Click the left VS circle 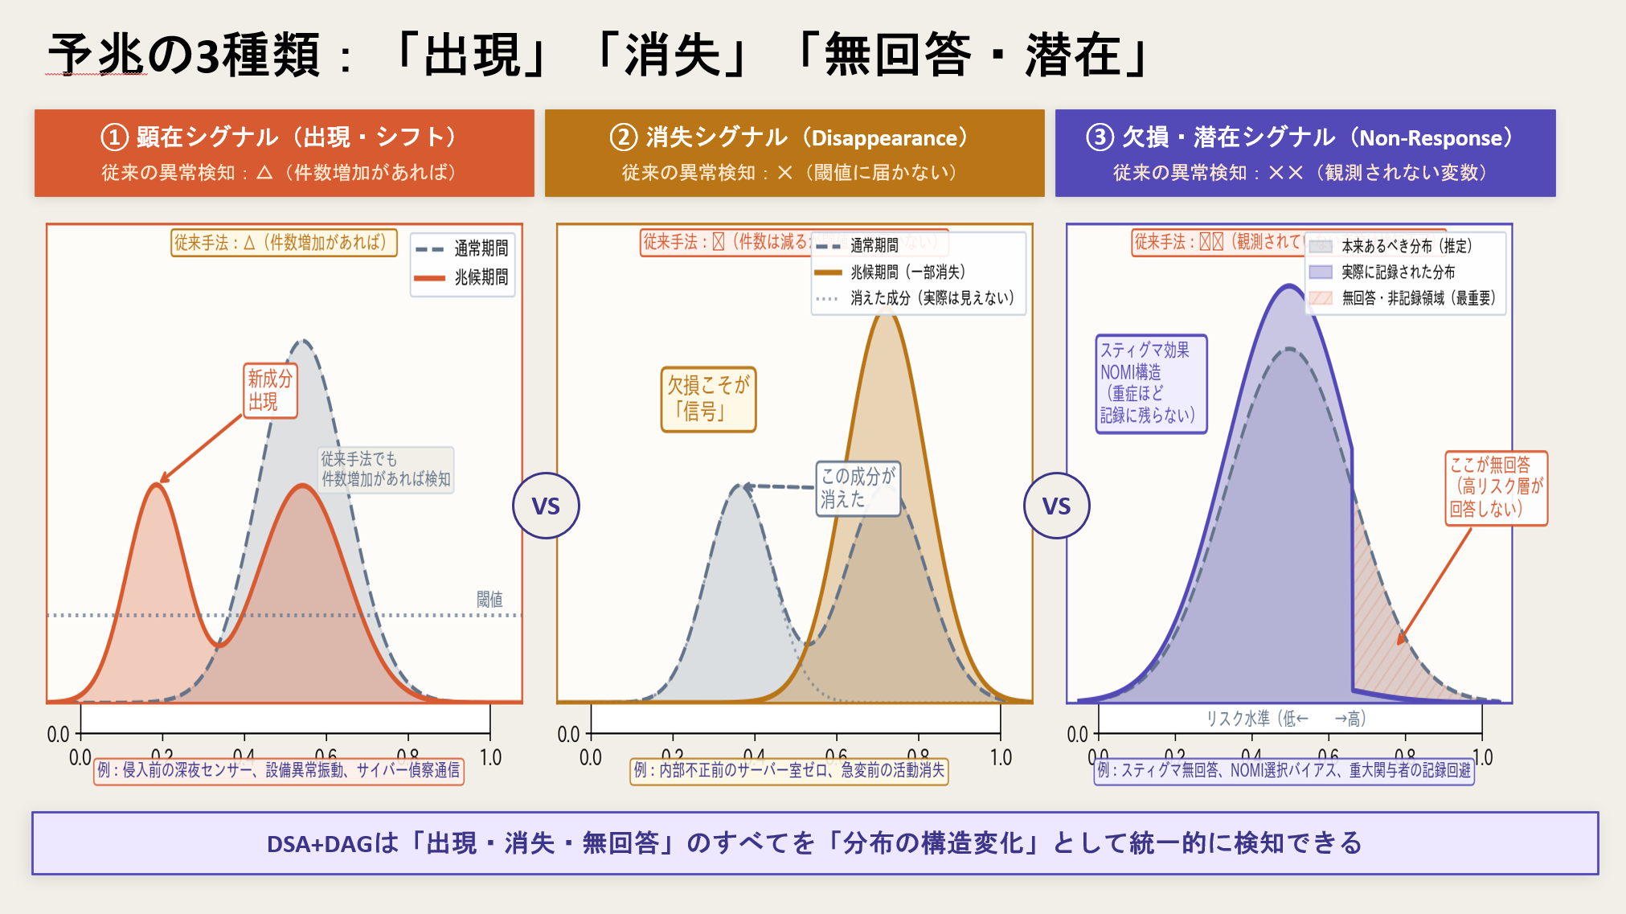pyautogui.click(x=546, y=506)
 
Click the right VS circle pyautogui.click(x=1056, y=506)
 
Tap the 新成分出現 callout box pyautogui.click(x=270, y=391)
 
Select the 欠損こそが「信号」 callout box pyautogui.click(x=708, y=400)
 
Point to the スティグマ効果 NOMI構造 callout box pyautogui.click(x=1150, y=383)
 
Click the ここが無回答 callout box pyautogui.click(x=1496, y=487)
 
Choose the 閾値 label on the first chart pyautogui.click(x=489, y=599)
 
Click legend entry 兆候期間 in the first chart pyautogui.click(x=481, y=277)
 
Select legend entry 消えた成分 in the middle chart pyautogui.click(x=932, y=298)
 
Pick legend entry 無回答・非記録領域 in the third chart pyautogui.click(x=1418, y=298)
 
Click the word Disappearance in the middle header pyautogui.click(x=884, y=138)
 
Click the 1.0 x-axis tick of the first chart pyautogui.click(x=490, y=757)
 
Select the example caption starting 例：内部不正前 pyautogui.click(x=788, y=770)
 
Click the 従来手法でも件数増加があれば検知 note pyautogui.click(x=386, y=469)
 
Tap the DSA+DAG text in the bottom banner pyautogui.click(x=320, y=843)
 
